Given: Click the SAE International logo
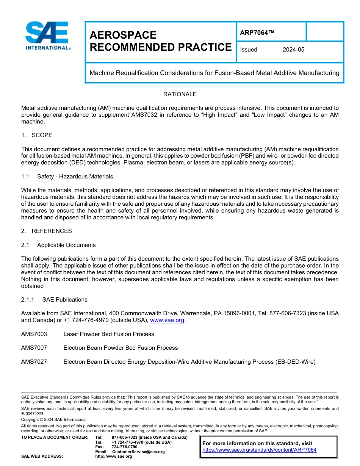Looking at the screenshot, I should pos(47,36).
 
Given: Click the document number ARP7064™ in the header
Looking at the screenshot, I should pos(257,33).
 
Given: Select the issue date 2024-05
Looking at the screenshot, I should pos(293,50).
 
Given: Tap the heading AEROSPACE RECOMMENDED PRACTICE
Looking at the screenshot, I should pos(160,41).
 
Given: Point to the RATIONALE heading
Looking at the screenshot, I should pos(180,94).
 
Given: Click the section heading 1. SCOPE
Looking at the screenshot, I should pos(37,135).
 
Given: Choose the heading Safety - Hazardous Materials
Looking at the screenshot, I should pos(75,177).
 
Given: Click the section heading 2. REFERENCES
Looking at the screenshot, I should pos(46,231).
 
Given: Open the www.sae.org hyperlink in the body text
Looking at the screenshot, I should pos(167,321).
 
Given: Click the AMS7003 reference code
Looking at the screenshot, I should pos(34,334).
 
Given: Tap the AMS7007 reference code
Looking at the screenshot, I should pos(34,348).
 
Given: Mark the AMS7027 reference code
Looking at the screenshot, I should pos(34,362).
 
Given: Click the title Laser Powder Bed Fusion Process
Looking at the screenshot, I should pos(109,334).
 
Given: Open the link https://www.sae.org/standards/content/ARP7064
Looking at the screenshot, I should pos(259,450).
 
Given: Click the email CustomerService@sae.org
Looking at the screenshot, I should pos(138,452).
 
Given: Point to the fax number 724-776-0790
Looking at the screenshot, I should pos(124,447).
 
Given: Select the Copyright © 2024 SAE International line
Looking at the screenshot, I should pos(54,419).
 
